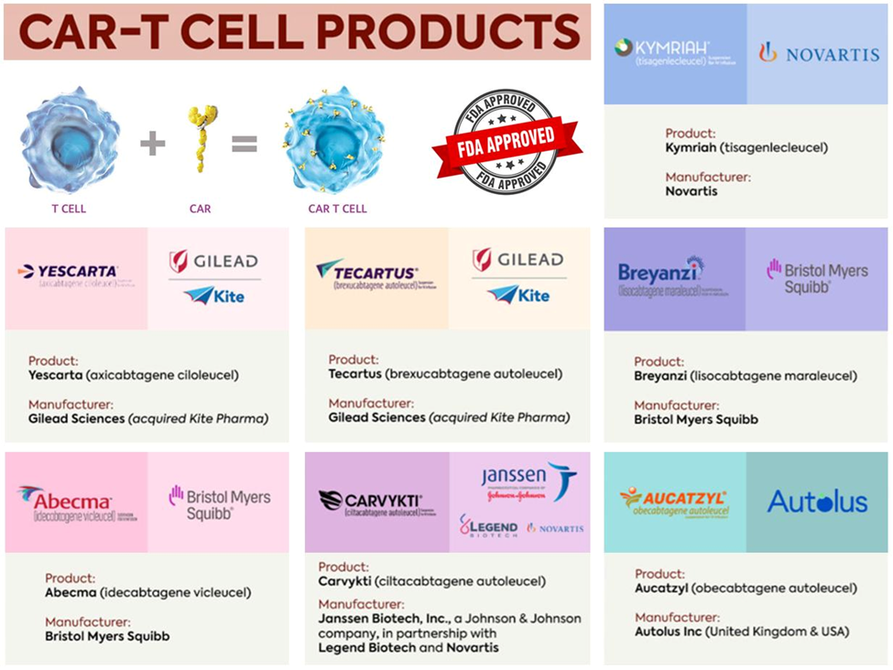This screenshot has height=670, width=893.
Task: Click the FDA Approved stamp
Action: (506, 142)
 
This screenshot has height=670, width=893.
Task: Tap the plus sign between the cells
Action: (153, 144)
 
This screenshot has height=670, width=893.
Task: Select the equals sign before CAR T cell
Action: (244, 144)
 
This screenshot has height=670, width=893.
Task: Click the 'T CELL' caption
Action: (69, 209)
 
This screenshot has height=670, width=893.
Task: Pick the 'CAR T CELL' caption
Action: (337, 209)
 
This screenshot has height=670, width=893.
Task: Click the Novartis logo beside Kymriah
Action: (818, 53)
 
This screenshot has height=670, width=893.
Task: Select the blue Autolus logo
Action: (817, 502)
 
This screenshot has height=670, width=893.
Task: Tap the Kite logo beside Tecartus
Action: (519, 295)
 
